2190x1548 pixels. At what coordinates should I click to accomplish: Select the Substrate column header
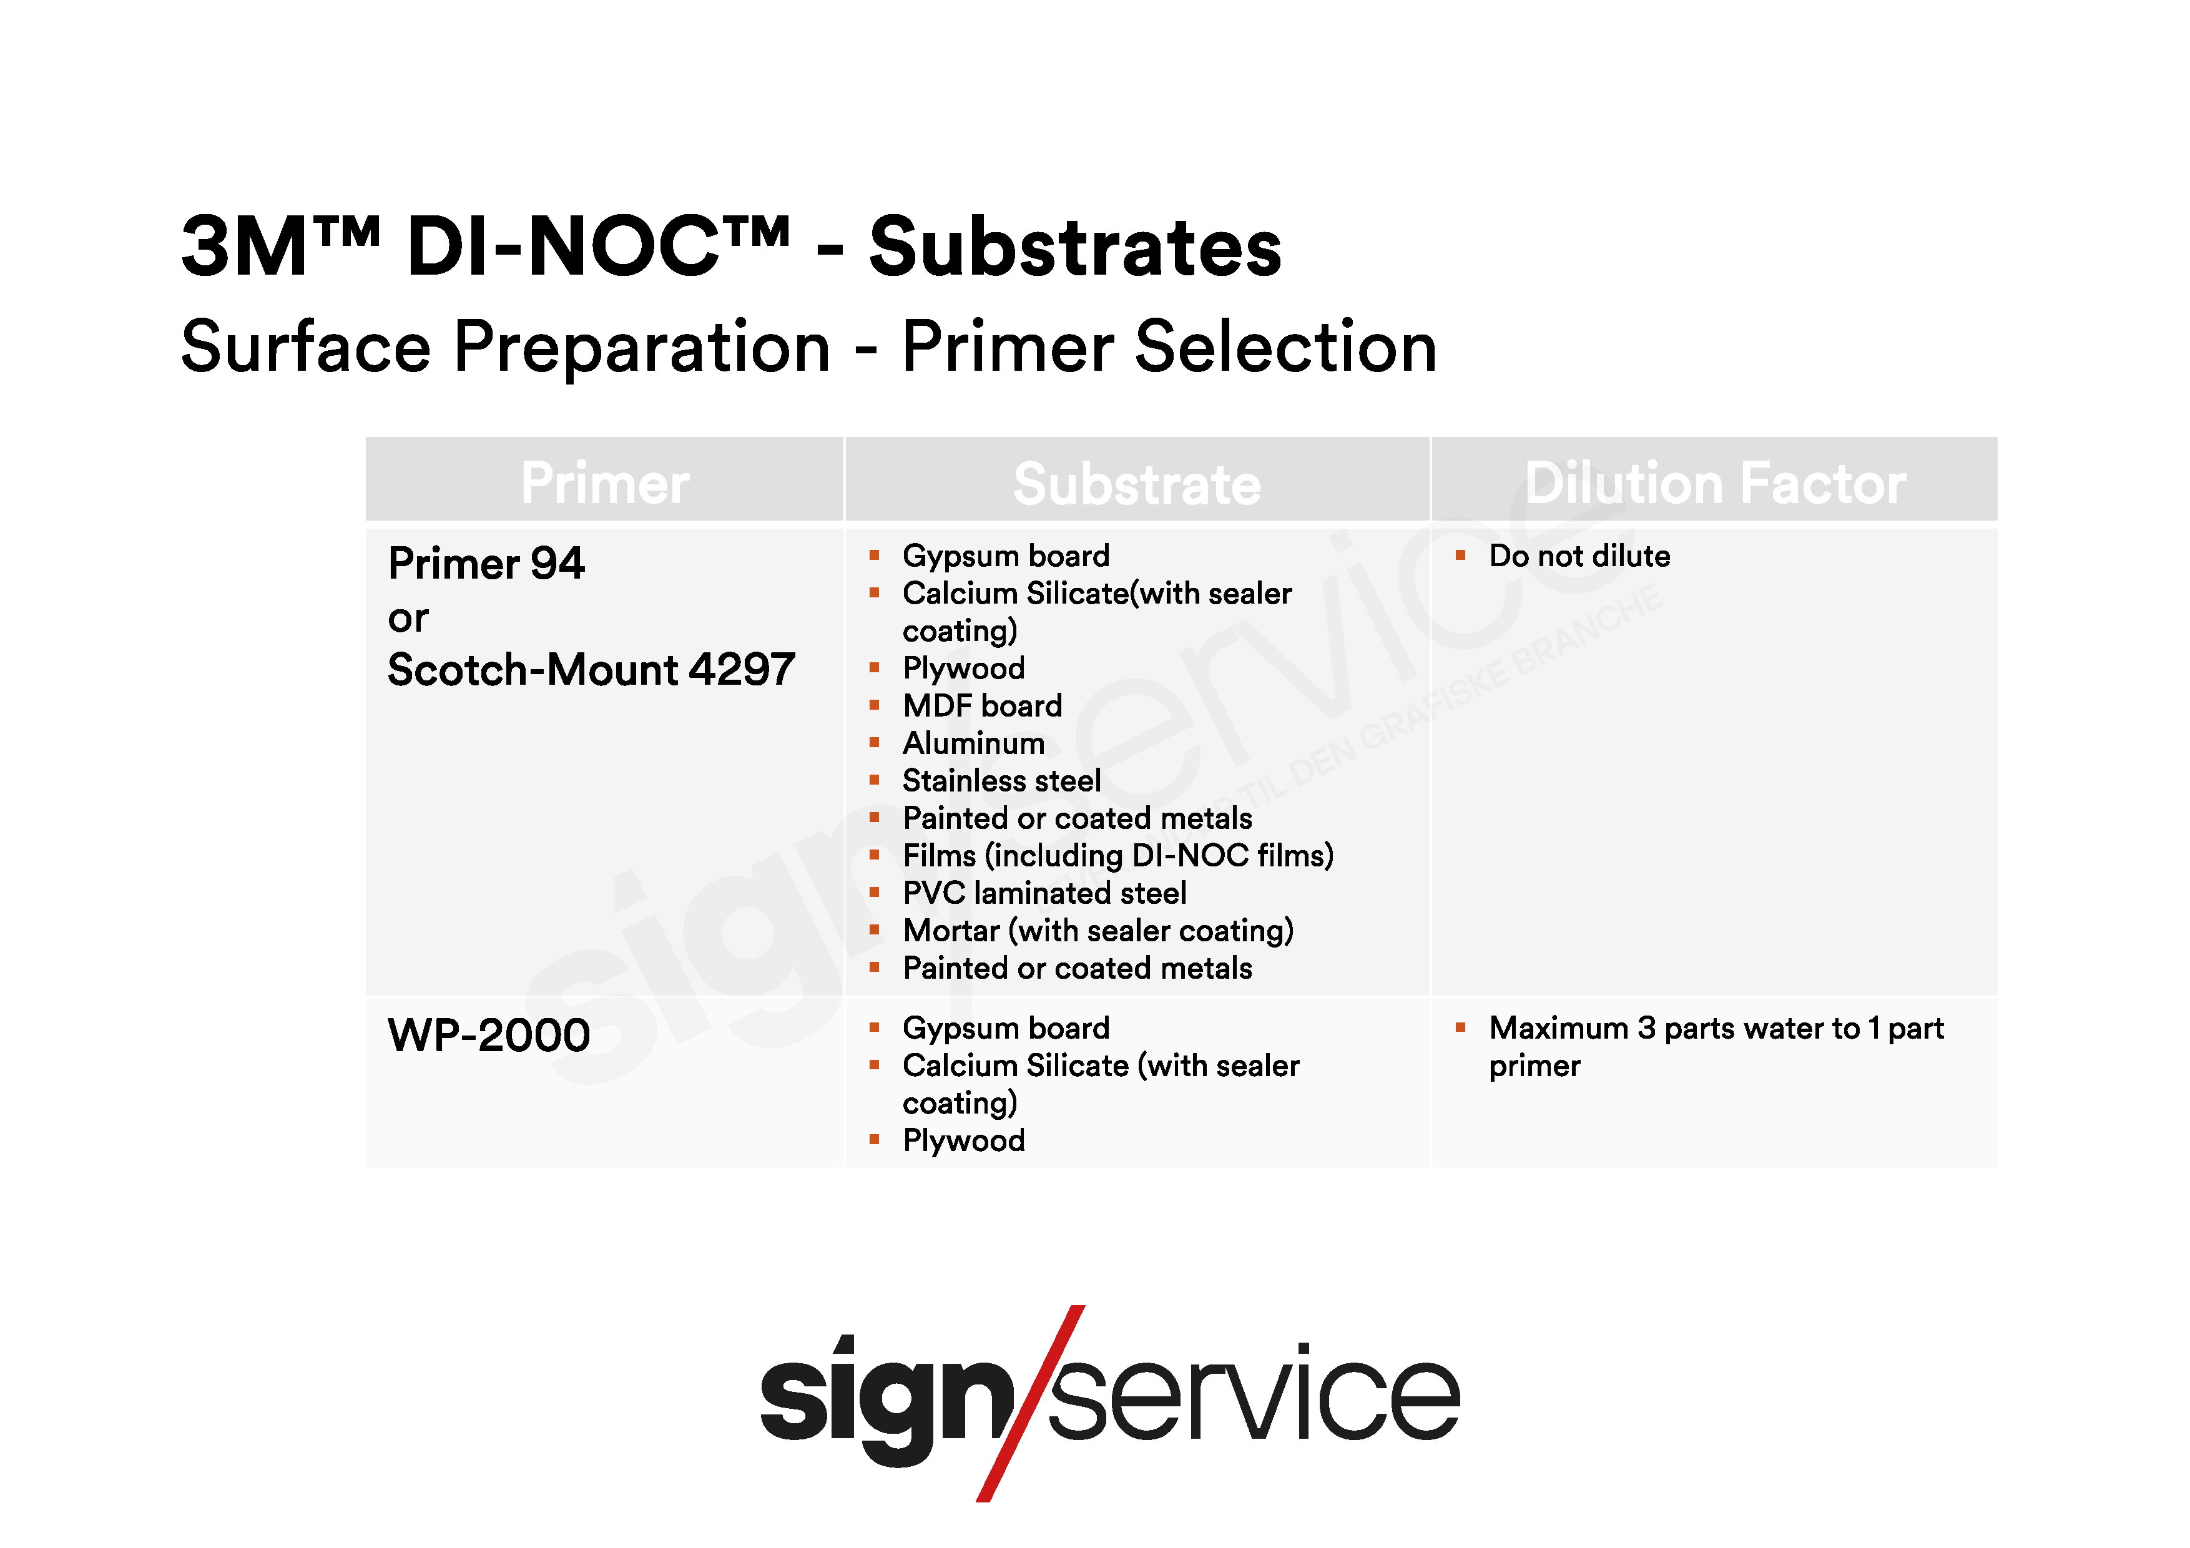[x=1137, y=484]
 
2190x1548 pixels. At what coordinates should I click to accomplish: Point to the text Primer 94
[x=486, y=564]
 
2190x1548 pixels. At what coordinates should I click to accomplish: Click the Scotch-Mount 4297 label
[x=591, y=670]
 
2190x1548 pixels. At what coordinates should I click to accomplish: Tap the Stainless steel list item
[x=1001, y=780]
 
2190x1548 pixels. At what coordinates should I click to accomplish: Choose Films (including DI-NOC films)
[x=1118, y=856]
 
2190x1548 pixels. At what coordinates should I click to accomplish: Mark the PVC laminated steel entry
[x=1044, y=893]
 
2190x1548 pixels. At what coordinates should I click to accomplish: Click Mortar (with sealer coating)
[x=1098, y=931]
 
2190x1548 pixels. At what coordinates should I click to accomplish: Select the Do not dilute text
[x=1579, y=556]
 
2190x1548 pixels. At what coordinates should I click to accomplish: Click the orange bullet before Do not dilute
[x=1460, y=555]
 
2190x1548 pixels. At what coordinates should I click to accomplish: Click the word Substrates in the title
[x=1075, y=247]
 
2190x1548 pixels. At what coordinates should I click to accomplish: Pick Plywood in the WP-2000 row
[x=963, y=1141]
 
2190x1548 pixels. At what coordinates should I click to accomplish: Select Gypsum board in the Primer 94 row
[x=1006, y=557]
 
